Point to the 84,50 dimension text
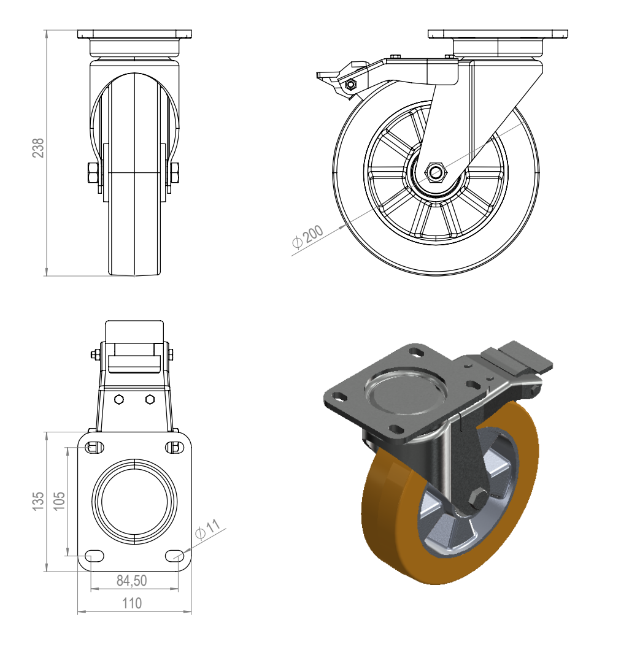[x=131, y=580]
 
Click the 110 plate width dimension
[x=131, y=603]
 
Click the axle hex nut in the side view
[x=436, y=172]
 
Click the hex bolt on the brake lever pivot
[x=351, y=84]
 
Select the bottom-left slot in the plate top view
[x=94, y=556]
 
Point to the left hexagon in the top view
[x=119, y=399]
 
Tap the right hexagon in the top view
[x=150, y=399]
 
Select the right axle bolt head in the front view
[x=174, y=174]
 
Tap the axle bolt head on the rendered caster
[x=477, y=501]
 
